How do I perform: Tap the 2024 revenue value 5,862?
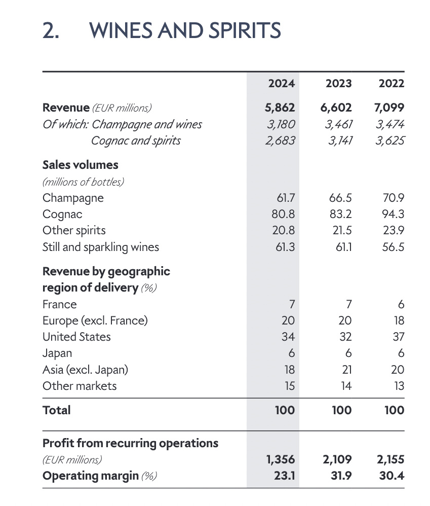coord(280,107)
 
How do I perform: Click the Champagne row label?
coord(73,198)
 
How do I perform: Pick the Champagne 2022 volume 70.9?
coord(394,198)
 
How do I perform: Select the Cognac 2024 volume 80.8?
coord(283,214)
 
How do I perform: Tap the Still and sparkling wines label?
coord(101,247)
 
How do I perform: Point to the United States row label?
coord(76,337)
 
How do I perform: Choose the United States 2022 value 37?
coord(398,337)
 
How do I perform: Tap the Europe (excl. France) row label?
coord(95,320)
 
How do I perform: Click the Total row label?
coord(57,410)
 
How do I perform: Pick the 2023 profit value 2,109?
coord(337,460)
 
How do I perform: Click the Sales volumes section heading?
coord(80,165)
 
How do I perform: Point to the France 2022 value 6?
coord(401,304)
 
